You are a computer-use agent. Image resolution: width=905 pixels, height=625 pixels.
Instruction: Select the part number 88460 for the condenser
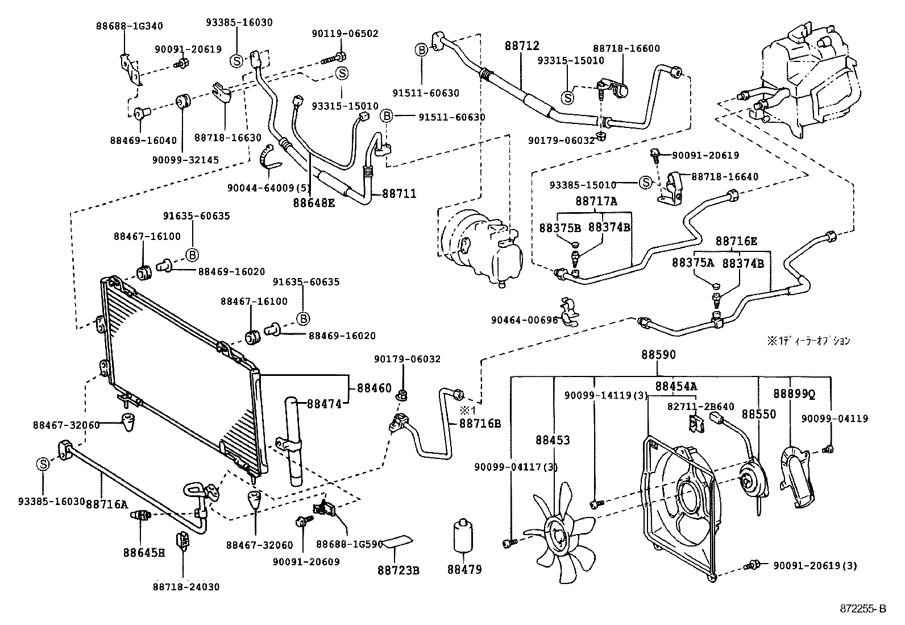pos(374,388)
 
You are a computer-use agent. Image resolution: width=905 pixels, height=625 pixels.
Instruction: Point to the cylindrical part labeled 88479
pos(464,535)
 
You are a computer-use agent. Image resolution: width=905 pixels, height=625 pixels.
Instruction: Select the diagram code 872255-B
pos(863,609)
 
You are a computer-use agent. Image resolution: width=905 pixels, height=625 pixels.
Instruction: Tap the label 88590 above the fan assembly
pos(659,355)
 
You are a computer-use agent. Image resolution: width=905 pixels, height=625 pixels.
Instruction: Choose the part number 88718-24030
pos(186,586)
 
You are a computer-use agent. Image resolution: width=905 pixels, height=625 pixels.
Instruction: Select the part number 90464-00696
pos(525,320)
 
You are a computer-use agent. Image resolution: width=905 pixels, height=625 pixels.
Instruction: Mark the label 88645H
pos(144,552)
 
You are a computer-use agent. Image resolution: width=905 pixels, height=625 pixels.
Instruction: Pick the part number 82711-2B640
pos(700,407)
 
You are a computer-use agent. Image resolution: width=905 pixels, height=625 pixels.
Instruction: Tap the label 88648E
pos(314,201)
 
